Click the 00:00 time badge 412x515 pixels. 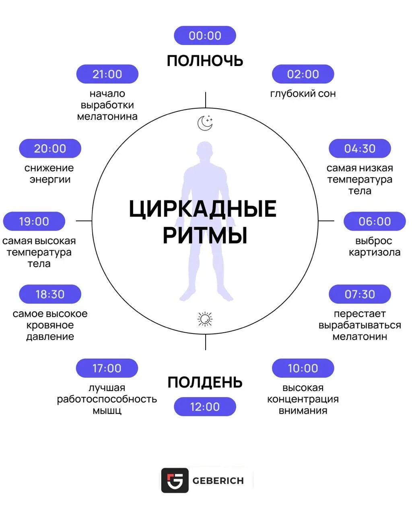[x=205, y=35]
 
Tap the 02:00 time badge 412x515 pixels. [x=303, y=74]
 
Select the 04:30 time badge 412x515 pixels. [x=360, y=148]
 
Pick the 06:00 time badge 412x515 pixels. [x=375, y=221]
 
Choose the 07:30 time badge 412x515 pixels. [x=360, y=294]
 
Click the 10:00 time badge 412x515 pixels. [x=303, y=368]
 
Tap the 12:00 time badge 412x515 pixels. [x=205, y=407]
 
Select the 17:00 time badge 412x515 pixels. [x=107, y=368]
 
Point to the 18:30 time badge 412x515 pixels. [x=50, y=294]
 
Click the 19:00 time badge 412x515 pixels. [x=34, y=221]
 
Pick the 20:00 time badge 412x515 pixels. [x=50, y=148]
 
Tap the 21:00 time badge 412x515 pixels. [x=107, y=74]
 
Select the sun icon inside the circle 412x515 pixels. [x=205, y=319]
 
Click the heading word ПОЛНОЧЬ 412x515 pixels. [x=205, y=61]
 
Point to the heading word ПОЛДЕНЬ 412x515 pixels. [x=205, y=382]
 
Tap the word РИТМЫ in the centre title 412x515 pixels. [x=205, y=235]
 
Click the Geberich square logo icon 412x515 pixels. [x=175, y=480]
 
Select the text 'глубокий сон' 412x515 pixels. [x=303, y=94]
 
